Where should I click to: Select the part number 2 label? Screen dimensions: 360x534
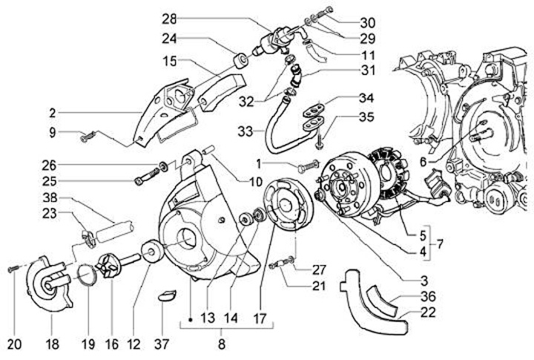pyautogui.click(x=52, y=114)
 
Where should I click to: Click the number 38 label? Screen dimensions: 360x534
pyautogui.click(x=49, y=200)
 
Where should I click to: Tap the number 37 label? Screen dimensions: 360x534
pyautogui.click(x=162, y=344)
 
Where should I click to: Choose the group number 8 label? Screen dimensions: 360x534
pyautogui.click(x=220, y=344)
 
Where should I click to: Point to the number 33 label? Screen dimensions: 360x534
pyautogui.click(x=245, y=131)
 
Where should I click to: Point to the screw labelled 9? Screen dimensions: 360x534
pyautogui.click(x=87, y=137)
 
